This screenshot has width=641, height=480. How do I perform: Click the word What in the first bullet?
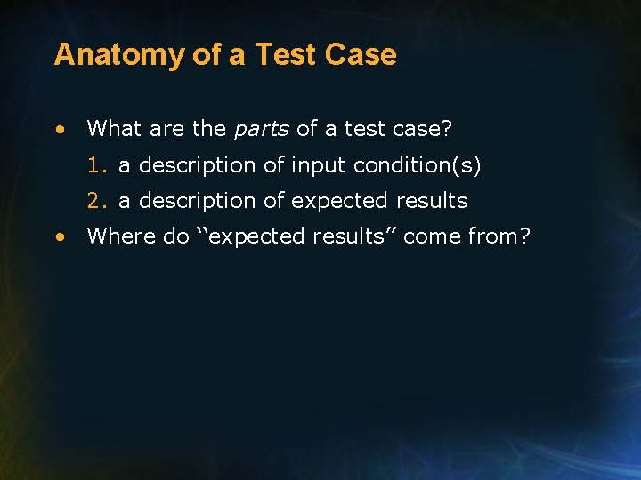(x=115, y=129)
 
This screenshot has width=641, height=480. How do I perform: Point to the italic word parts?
(x=261, y=130)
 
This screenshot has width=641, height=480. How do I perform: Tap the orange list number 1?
(x=96, y=165)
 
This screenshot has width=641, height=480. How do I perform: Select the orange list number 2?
(x=96, y=201)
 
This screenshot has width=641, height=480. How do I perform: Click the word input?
(x=319, y=165)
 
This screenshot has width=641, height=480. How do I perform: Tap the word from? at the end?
(x=499, y=236)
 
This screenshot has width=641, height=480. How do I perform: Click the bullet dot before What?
(x=59, y=130)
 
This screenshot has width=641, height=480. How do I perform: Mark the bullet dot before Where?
(x=59, y=237)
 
